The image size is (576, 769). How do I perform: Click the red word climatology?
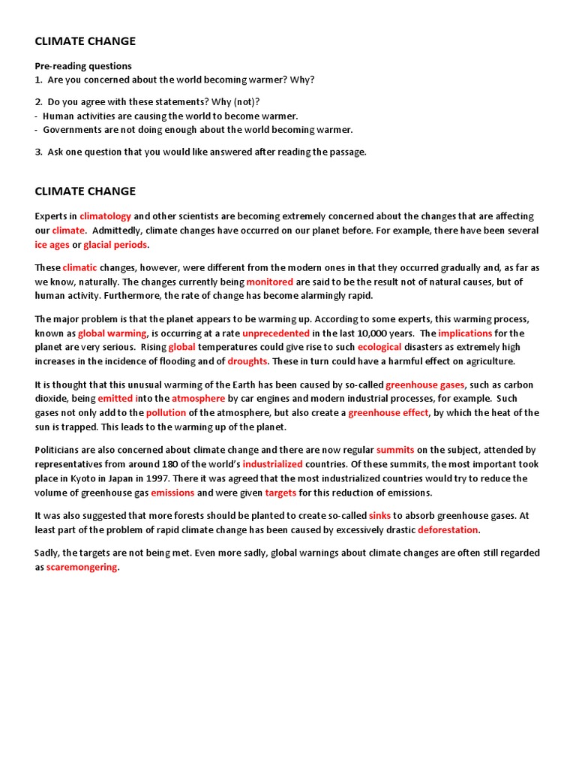point(106,216)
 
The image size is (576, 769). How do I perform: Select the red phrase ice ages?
point(52,245)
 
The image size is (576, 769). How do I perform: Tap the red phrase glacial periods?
point(115,245)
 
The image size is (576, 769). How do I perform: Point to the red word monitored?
point(270,282)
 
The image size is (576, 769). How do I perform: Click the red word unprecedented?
point(276,333)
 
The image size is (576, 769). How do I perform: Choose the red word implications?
point(465,333)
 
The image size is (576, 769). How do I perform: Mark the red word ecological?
point(379,347)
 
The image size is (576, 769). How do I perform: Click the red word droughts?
point(247,361)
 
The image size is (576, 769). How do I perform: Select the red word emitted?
point(115,398)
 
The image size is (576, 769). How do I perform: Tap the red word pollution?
point(166,412)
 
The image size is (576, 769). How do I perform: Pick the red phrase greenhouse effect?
point(388,412)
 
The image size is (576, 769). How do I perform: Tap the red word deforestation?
point(448,529)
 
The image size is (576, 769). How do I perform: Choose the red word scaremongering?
point(82,567)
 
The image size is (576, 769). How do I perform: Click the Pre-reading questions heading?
point(83,66)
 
